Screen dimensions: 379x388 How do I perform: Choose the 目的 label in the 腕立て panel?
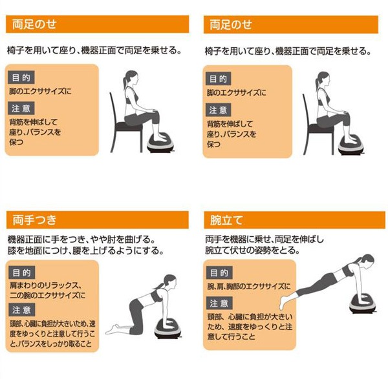coord(219,272)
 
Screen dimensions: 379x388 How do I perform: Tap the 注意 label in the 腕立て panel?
coord(219,303)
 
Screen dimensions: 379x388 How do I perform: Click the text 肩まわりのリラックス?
coord(45,285)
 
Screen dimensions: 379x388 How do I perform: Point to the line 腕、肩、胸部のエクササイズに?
coord(249,285)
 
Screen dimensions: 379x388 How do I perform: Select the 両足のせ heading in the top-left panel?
coord(34,25)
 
